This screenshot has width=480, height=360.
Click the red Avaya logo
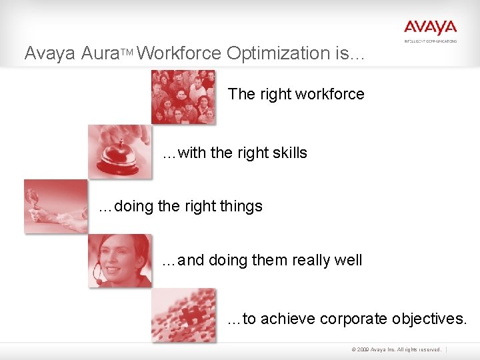pyautogui.click(x=430, y=27)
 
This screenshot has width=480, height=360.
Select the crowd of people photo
pyautogui.click(x=183, y=97)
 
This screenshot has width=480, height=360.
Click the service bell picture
pyautogui.click(x=119, y=151)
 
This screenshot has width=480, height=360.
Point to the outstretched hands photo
pyautogui.click(x=56, y=206)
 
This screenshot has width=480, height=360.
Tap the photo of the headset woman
pyautogui.click(x=119, y=261)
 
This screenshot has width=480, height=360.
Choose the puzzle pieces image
pyautogui.click(x=183, y=315)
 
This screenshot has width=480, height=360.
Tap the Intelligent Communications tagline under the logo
pyautogui.click(x=431, y=41)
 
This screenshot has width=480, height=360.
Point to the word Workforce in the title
pyautogui.click(x=180, y=53)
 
